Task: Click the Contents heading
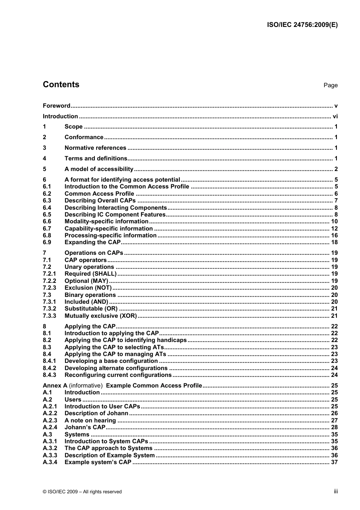pyautogui.click(x=61, y=85)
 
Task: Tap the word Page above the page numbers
pyautogui.click(x=330, y=85)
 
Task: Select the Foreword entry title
pyautogui.click(x=56, y=106)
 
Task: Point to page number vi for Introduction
pyautogui.click(x=335, y=116)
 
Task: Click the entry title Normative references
pyautogui.click(x=95, y=148)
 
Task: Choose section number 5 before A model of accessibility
pyautogui.click(x=44, y=169)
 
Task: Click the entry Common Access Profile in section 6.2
pyautogui.click(x=99, y=193)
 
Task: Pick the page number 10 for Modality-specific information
pyautogui.click(x=334, y=221)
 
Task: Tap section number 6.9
pyautogui.click(x=47, y=242)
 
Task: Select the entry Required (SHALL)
pyautogui.click(x=91, y=274)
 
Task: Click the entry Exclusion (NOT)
pyautogui.click(x=88, y=288)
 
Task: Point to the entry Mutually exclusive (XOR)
pyautogui.click(x=100, y=316)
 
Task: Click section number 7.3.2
pyautogui.click(x=49, y=309)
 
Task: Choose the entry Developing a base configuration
pyautogui.click(x=111, y=361)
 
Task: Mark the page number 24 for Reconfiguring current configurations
pyautogui.click(x=334, y=375)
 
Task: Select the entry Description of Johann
pyautogui.click(x=96, y=413)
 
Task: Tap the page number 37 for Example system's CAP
pyautogui.click(x=334, y=462)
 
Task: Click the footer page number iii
pyautogui.click(x=335, y=491)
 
